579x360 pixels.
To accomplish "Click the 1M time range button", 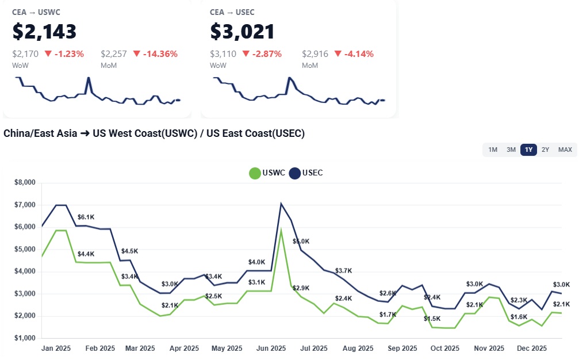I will coord(493,150).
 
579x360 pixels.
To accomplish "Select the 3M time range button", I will coord(511,150).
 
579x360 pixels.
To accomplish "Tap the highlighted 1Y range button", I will coord(528,150).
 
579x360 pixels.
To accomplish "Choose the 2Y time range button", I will coord(546,150).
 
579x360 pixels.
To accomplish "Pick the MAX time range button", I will coord(565,150).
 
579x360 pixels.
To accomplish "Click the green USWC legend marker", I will coord(255,173).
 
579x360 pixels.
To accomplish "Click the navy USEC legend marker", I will coord(295,173).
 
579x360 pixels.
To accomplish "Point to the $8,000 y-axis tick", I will coord(25,183).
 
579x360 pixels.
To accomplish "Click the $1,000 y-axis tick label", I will coord(25,338).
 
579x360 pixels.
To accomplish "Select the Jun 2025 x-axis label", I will coord(271,348).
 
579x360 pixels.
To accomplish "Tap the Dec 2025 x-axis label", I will coord(532,348).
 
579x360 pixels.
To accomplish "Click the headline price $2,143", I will coord(44,32).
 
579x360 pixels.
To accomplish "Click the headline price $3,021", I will coord(242,32).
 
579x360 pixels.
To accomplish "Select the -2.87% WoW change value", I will coord(262,54).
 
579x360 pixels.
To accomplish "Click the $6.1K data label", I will coord(86,217).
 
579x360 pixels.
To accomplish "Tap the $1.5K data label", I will coord(432,319).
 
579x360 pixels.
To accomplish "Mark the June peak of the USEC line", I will coord(281,204).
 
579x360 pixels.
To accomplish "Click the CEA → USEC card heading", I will coord(232,12).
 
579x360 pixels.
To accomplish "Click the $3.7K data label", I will coord(344,271).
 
